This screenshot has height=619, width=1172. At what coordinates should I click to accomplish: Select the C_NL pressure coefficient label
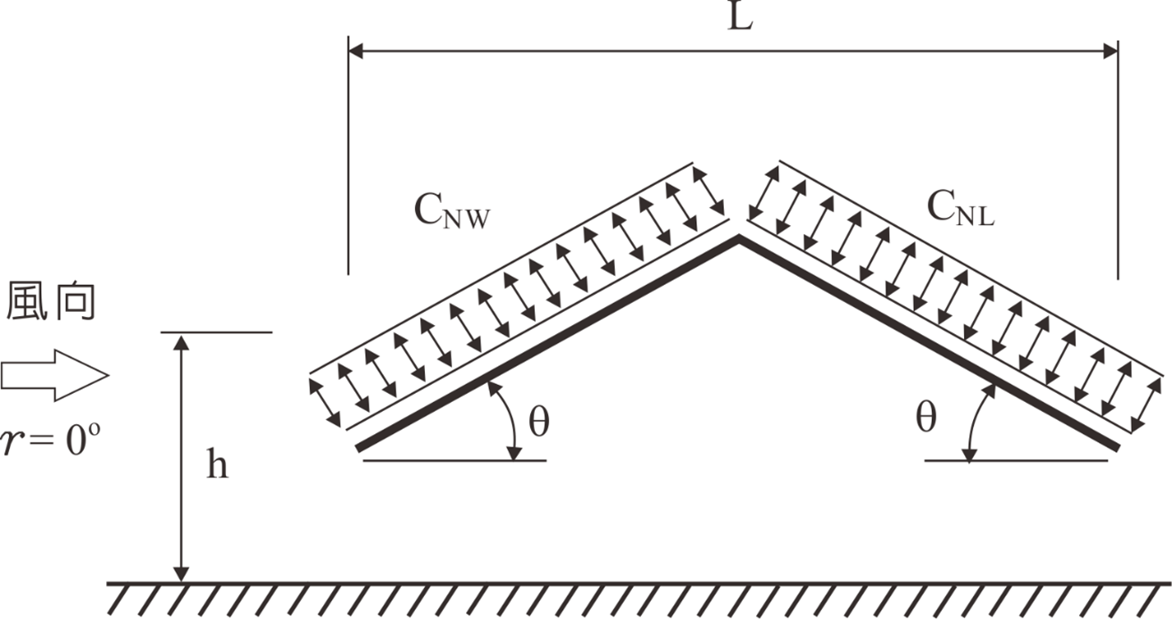[960, 208]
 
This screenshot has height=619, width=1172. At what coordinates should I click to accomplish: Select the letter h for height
[217, 464]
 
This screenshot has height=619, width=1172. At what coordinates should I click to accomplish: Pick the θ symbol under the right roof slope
[927, 417]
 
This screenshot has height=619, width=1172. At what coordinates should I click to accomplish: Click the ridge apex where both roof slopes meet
[739, 238]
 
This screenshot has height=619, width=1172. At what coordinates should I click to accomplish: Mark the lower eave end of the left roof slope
[360, 447]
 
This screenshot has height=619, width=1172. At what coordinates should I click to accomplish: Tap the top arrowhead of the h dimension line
[182, 340]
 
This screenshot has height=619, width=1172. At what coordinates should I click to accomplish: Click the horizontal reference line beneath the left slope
[455, 461]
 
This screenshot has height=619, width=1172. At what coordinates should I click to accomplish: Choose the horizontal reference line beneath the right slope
[1018, 461]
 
